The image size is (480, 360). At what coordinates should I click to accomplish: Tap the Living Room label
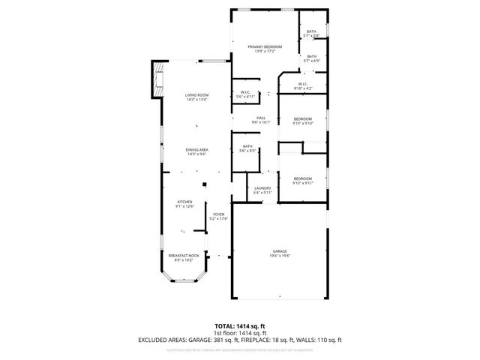[x=196, y=97]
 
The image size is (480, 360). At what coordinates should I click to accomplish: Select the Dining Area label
[x=196, y=151]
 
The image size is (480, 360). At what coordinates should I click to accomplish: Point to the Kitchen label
[x=184, y=203]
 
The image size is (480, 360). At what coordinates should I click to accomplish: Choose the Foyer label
[x=218, y=216]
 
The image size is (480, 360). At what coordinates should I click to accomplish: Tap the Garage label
[x=280, y=253]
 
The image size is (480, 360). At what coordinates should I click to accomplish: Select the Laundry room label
[x=262, y=190]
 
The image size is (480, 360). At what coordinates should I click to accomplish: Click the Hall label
[x=261, y=119]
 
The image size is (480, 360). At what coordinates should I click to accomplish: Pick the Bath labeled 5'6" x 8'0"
[x=247, y=148]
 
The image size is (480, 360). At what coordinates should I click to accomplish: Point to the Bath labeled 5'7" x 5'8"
[x=311, y=34]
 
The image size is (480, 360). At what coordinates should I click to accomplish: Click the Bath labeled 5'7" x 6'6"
[x=311, y=58]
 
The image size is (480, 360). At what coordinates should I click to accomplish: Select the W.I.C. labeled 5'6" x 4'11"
[x=245, y=94]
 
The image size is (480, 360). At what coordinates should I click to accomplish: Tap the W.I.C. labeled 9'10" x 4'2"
[x=303, y=86]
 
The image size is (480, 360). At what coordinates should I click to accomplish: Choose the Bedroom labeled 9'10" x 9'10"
[x=302, y=121]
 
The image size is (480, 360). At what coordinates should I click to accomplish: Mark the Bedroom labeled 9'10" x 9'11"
[x=302, y=180]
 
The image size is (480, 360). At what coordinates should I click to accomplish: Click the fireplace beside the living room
[x=157, y=79]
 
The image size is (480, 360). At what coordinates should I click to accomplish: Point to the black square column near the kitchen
[x=204, y=184]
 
